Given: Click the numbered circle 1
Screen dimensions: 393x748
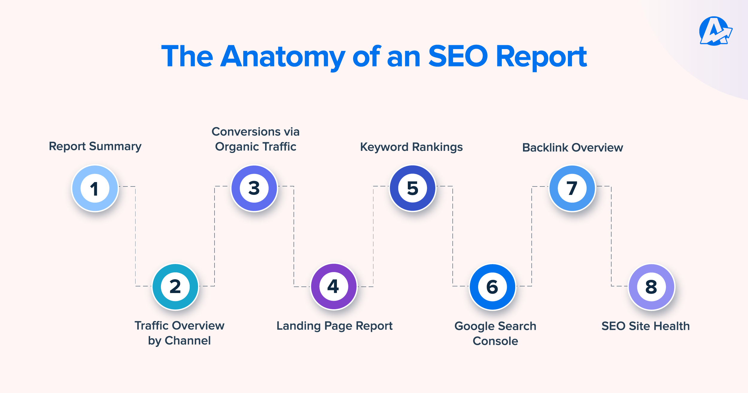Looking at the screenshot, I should (95, 188).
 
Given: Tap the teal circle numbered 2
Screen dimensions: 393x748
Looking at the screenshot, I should (175, 286).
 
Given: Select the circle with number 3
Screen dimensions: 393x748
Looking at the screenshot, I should (254, 188).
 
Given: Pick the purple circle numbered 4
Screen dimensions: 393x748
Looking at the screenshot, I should (334, 286).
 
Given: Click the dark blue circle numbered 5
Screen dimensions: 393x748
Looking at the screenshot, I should (413, 188).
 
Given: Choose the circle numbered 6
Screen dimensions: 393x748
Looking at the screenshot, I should (492, 287).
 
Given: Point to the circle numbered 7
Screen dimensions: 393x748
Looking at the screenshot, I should (572, 188).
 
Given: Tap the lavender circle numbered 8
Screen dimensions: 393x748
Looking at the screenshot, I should (651, 287).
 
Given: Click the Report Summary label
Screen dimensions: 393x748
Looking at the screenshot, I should (95, 146).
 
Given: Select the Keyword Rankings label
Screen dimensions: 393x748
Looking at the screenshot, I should (411, 147).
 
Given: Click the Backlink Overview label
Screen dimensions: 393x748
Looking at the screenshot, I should (572, 148).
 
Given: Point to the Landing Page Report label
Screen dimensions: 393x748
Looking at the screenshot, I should (334, 326).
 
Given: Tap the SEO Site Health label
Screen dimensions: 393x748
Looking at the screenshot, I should (646, 326).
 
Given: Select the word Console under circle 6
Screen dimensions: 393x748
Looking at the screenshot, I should (495, 341).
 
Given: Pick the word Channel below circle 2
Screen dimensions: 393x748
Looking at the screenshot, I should (188, 341).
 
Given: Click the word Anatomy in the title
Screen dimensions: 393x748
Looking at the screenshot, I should (283, 57).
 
